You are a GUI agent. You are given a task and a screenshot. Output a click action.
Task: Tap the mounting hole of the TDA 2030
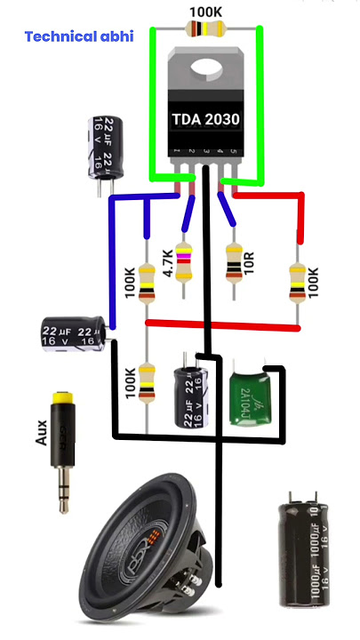click(207, 68)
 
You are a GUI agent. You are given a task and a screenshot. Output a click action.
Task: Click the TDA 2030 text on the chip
click(206, 118)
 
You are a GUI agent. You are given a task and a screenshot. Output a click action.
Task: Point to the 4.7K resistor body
click(184, 261)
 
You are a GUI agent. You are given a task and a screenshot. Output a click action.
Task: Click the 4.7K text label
click(168, 263)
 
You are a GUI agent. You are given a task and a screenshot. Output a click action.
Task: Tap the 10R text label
click(250, 264)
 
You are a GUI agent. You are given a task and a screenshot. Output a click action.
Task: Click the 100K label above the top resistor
click(206, 10)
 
